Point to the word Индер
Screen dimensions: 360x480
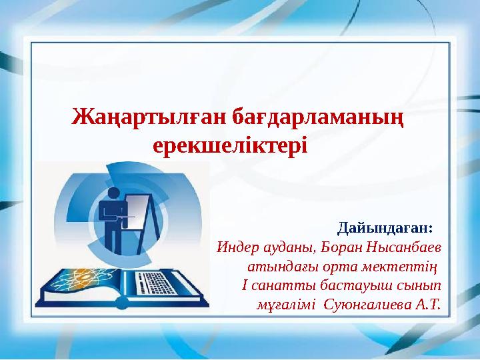237,248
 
